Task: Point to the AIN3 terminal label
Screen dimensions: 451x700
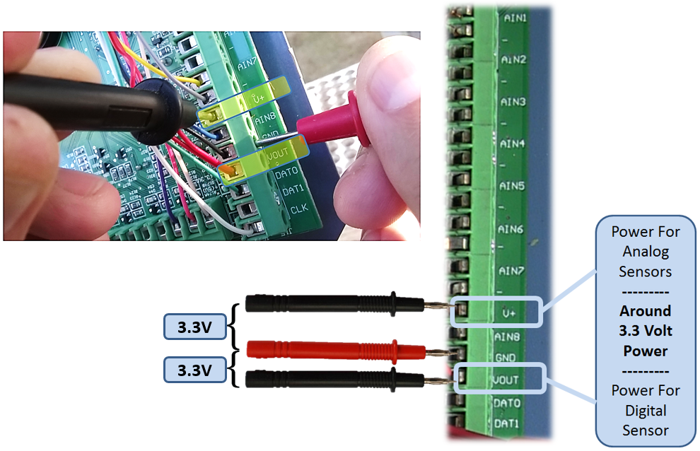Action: [x=513, y=102]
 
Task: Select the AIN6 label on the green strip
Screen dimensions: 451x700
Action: [x=511, y=230]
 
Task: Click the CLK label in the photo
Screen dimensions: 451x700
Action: [x=298, y=209]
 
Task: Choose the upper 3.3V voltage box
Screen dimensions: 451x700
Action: [x=192, y=328]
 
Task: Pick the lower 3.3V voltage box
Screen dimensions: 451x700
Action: [x=192, y=370]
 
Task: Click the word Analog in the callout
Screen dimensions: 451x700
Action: [x=646, y=251]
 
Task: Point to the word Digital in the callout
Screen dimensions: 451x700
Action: [x=646, y=411]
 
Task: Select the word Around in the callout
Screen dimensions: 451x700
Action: [x=646, y=311]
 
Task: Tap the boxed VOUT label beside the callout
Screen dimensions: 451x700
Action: [x=506, y=380]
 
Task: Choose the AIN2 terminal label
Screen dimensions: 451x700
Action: [x=514, y=60]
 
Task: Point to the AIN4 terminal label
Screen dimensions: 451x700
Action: [x=512, y=144]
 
